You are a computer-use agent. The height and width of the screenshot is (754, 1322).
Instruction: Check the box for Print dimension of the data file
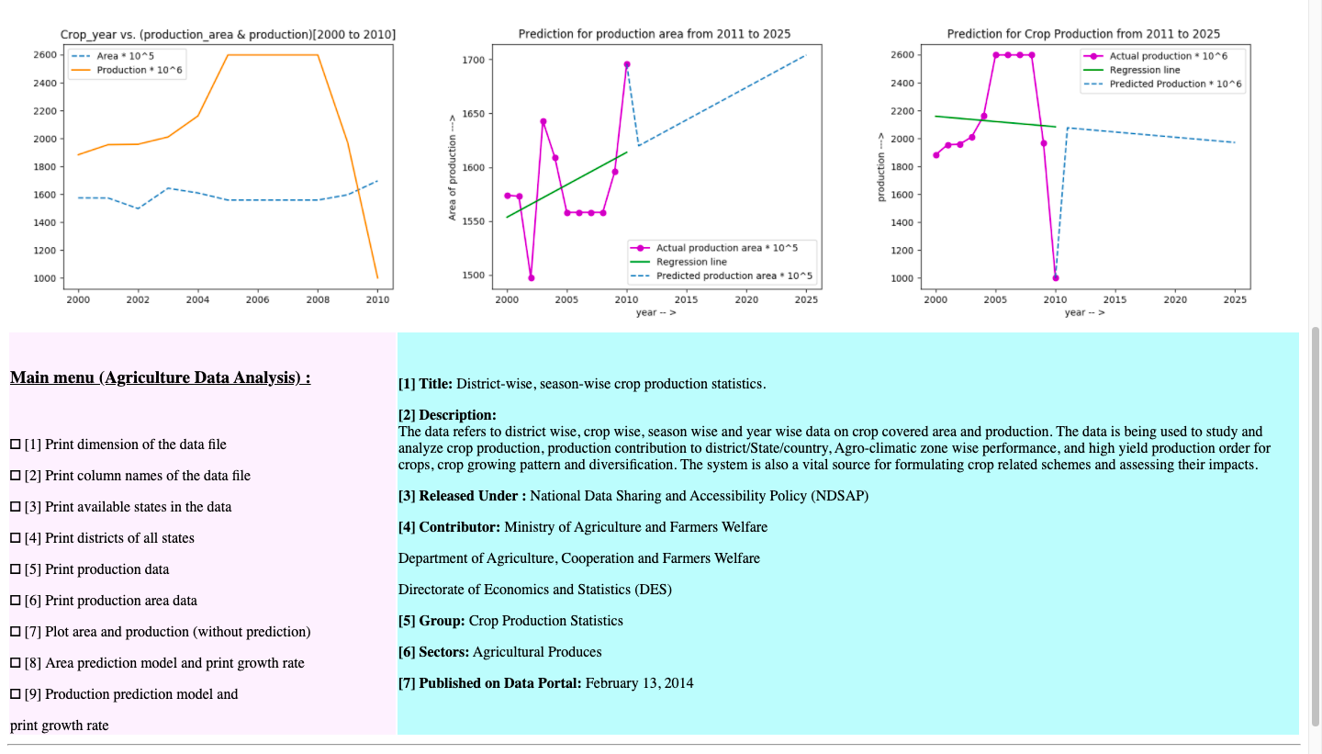pos(15,445)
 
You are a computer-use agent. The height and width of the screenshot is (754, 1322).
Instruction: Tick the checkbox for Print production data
pos(15,569)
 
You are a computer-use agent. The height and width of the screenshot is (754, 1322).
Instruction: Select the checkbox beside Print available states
pos(15,507)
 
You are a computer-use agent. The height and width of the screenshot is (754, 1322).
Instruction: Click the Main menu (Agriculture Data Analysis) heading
pos(160,377)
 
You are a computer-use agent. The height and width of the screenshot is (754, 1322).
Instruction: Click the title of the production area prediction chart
pos(654,34)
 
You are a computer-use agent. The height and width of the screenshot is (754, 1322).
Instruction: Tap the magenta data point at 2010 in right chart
pos(1056,277)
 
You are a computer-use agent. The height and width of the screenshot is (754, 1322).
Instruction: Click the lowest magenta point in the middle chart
pos(532,277)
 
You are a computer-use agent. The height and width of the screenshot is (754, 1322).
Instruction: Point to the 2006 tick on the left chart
pos(258,299)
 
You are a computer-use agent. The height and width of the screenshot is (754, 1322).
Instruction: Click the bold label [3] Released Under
pos(462,496)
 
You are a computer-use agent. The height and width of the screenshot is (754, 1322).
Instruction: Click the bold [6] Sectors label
pos(433,652)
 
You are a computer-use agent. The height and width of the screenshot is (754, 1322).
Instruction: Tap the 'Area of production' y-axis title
pos(452,168)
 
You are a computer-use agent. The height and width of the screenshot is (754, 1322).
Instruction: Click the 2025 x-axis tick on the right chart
pos(1235,299)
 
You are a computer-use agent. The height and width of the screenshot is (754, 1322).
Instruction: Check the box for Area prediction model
pos(15,663)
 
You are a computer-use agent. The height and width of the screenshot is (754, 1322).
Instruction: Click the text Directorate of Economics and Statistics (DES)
pos(534,590)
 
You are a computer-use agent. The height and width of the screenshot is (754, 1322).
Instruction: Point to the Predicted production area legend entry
pos(734,276)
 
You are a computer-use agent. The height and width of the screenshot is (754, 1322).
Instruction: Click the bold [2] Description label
pos(447,415)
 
